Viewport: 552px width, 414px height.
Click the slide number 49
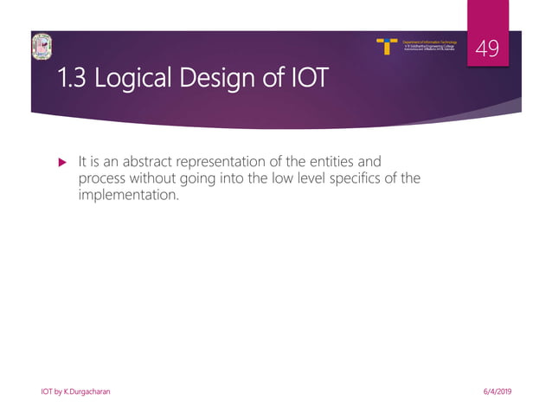[488, 50]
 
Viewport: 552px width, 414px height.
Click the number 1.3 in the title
[73, 80]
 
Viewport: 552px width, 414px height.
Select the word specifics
[364, 178]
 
